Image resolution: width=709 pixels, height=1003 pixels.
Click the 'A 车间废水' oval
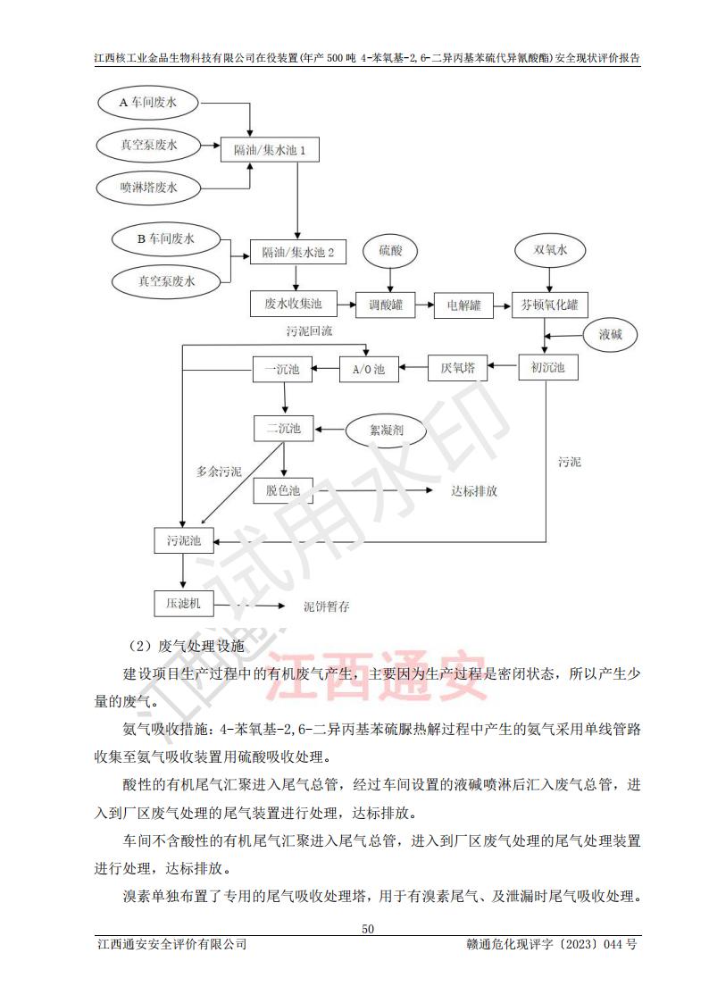pyautogui.click(x=148, y=104)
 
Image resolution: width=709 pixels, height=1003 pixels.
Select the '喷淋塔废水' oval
pyautogui.click(x=148, y=187)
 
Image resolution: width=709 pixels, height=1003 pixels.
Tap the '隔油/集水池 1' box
pyautogui.click(x=270, y=149)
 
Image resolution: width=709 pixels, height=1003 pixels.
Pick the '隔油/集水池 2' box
pyautogui.click(x=297, y=253)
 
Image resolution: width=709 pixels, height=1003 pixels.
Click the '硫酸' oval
pyautogui.click(x=391, y=251)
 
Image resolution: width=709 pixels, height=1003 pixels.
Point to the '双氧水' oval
pyautogui.click(x=550, y=251)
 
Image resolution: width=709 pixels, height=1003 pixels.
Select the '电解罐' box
pyautogui.click(x=463, y=305)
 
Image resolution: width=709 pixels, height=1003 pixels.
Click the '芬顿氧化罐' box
pyautogui.click(x=549, y=305)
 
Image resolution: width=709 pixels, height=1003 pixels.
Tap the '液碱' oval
pyautogui.click(x=616, y=336)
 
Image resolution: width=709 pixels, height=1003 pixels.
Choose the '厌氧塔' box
pyautogui.click(x=457, y=368)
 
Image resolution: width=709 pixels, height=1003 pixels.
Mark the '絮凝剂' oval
pyautogui.click(x=387, y=430)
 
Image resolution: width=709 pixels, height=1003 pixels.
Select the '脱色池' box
pyautogui.click(x=283, y=489)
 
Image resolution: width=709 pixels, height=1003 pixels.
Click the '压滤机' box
pyautogui.click(x=183, y=604)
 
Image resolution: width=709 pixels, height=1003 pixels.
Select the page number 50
pyautogui.click(x=367, y=928)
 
